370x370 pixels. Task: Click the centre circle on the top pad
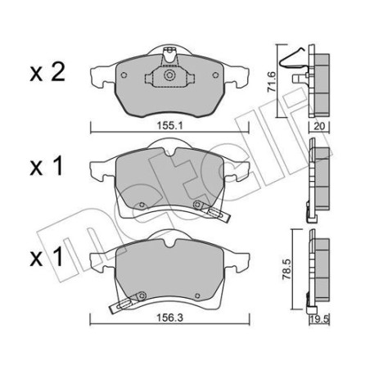[169, 78]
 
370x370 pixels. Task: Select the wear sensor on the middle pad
[210, 211]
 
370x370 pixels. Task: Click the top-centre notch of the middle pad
[170, 149]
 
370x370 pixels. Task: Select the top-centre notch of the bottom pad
[169, 241]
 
